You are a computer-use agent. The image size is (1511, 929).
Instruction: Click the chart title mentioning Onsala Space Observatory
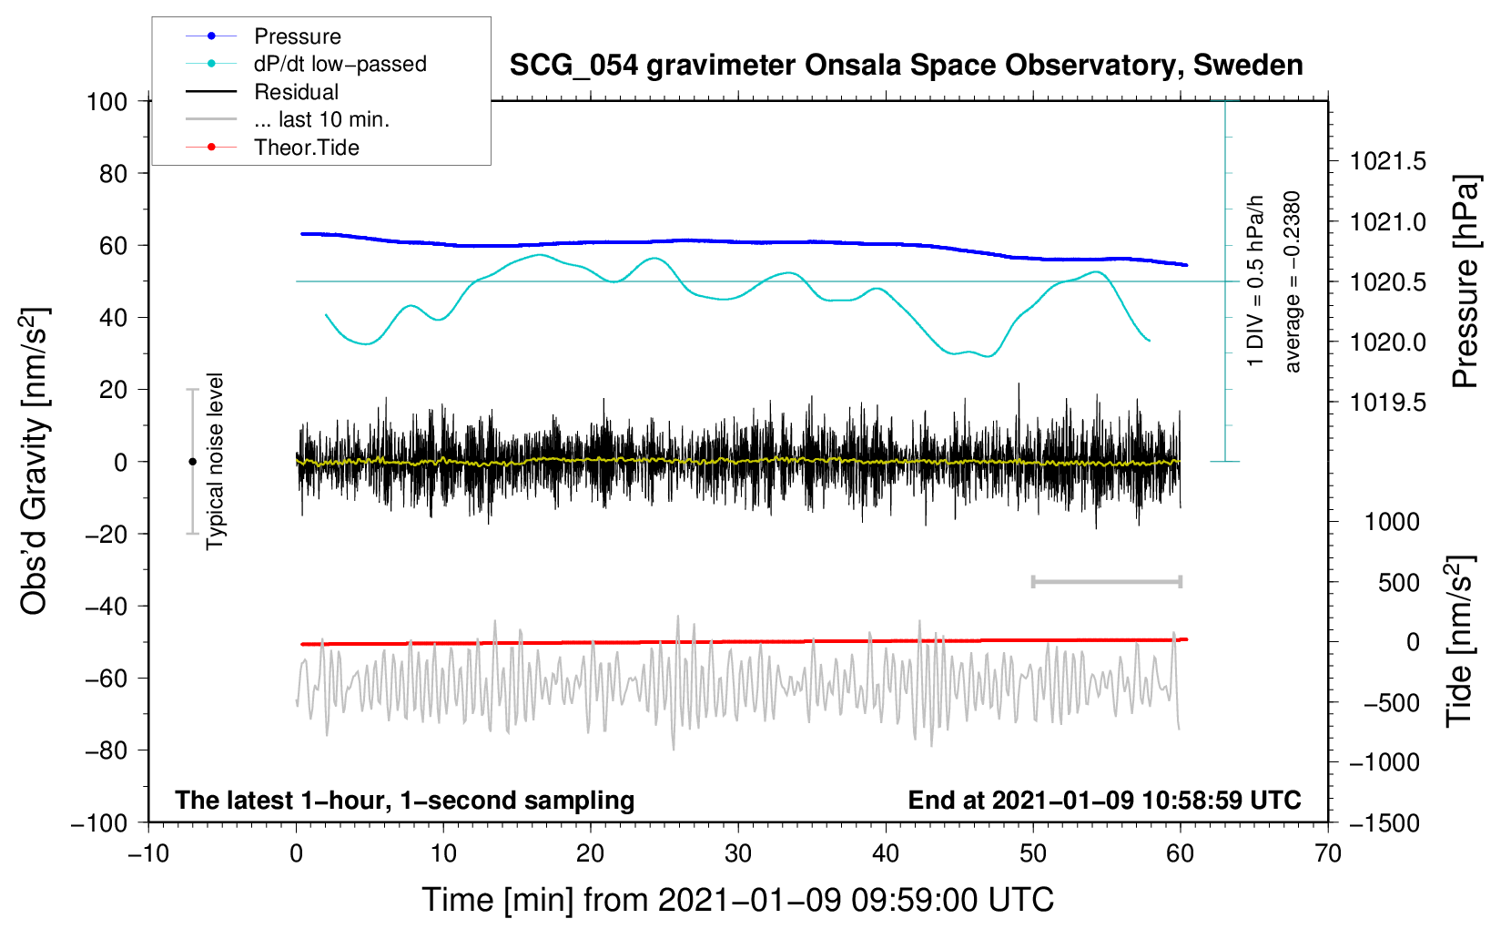tap(906, 66)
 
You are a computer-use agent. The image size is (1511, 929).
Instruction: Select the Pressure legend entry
tap(297, 36)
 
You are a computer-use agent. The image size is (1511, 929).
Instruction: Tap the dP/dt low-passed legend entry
tap(340, 64)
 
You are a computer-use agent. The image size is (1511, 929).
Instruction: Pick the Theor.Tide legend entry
tap(306, 148)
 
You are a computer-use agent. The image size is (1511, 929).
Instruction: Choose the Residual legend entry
tap(296, 92)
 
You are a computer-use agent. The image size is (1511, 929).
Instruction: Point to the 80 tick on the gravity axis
tap(113, 173)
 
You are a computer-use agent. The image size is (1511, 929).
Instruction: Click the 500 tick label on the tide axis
tap(1399, 582)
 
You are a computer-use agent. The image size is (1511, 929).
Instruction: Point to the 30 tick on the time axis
tap(738, 853)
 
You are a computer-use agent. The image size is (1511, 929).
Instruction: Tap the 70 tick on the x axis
tap(1328, 853)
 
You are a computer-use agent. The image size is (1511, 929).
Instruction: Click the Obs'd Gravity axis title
tap(34, 461)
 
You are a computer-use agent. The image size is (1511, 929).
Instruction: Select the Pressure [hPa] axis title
tap(1465, 281)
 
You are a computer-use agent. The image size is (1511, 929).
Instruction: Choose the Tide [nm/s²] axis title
tap(1459, 642)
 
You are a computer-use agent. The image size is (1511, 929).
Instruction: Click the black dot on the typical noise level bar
tap(192, 462)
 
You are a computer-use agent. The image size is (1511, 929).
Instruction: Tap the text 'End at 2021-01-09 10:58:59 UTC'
tap(1104, 800)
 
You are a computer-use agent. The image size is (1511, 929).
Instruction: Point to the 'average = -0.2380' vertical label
tap(1293, 281)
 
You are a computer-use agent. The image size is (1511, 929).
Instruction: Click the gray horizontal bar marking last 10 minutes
tap(1106, 582)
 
